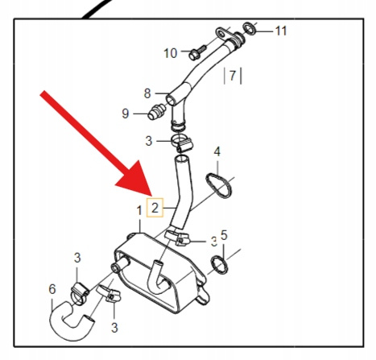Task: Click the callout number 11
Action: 281,31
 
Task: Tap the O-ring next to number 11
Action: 250,29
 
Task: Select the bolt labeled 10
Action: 197,53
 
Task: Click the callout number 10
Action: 171,53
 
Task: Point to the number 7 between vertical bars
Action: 233,76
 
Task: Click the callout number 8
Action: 147,93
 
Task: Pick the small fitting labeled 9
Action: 157,112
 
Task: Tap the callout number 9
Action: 126,114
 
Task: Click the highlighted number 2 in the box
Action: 155,208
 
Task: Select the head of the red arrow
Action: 134,179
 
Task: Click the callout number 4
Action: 217,151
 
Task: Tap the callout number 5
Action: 224,235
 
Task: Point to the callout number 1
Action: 139,211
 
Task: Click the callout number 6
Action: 52,289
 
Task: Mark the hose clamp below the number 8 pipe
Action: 182,142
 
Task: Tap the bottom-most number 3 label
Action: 114,328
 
